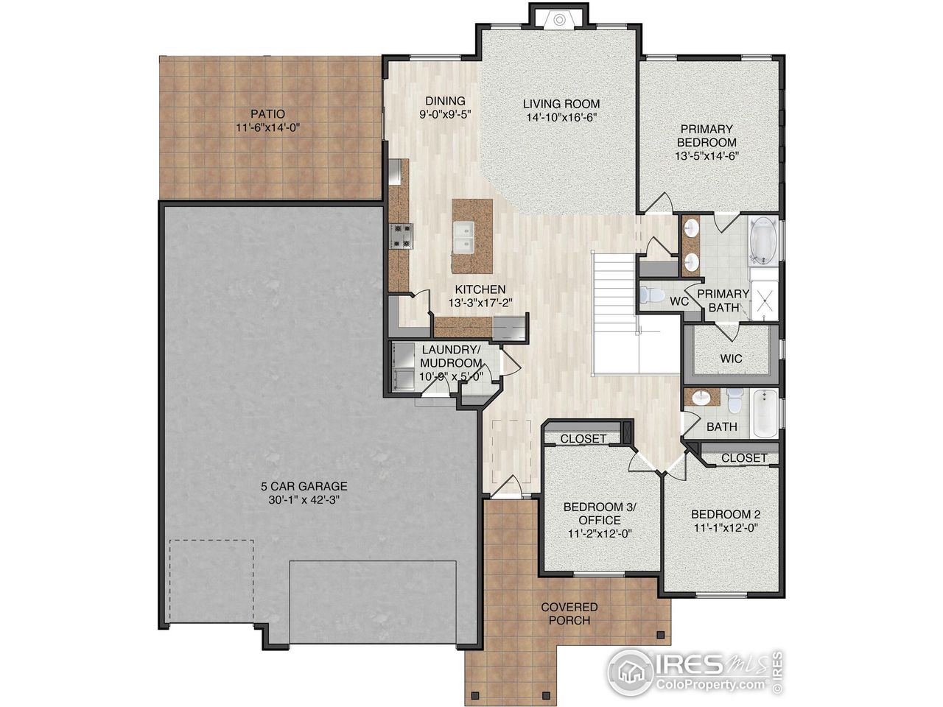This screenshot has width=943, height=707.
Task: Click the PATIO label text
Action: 267,114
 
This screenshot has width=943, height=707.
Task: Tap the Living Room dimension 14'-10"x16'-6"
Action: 561,118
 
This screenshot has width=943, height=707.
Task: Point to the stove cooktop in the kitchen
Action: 402,236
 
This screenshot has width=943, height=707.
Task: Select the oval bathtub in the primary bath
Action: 764,240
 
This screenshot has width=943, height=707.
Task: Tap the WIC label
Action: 731,359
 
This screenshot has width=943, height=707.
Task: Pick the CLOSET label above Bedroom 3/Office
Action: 583,438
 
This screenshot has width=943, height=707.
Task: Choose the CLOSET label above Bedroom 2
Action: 744,457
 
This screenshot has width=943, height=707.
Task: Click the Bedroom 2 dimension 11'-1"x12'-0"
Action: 726,528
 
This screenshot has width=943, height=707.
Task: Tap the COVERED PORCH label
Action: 569,613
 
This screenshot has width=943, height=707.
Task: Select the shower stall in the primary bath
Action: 765,298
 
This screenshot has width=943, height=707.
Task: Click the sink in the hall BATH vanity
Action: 701,398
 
